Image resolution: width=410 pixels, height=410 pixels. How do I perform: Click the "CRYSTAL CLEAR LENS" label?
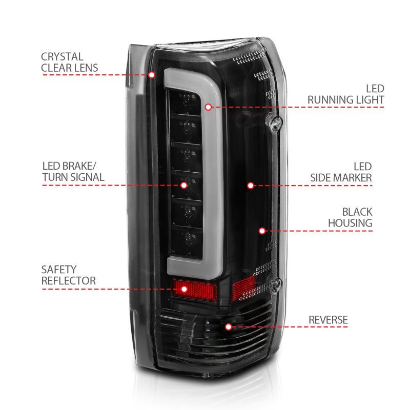pyautogui.click(x=70, y=62)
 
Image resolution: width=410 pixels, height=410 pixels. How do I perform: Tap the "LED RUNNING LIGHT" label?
pyautogui.click(x=346, y=94)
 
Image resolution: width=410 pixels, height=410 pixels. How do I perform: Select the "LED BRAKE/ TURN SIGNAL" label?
pyautogui.click(x=73, y=172)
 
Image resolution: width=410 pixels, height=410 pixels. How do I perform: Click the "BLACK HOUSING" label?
pyautogui.click(x=350, y=217)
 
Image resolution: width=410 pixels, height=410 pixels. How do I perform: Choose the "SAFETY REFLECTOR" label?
pyautogui.click(x=69, y=275)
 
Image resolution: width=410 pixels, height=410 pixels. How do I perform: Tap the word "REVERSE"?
pyautogui.click(x=328, y=320)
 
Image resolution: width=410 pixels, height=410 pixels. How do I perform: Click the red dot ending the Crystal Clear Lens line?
pyautogui.click(x=152, y=75)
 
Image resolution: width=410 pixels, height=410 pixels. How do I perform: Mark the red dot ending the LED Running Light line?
pyautogui.click(x=208, y=107)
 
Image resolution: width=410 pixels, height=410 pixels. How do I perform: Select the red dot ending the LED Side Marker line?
pyautogui.click(x=251, y=185)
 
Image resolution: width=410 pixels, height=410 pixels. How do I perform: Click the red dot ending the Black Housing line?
pyautogui.click(x=262, y=231)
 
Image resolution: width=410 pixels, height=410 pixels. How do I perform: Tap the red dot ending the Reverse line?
pyautogui.click(x=228, y=326)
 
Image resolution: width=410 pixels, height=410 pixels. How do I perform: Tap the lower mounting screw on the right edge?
pyautogui.click(x=277, y=283)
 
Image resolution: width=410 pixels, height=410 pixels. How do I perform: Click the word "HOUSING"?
pyautogui.click(x=350, y=223)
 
